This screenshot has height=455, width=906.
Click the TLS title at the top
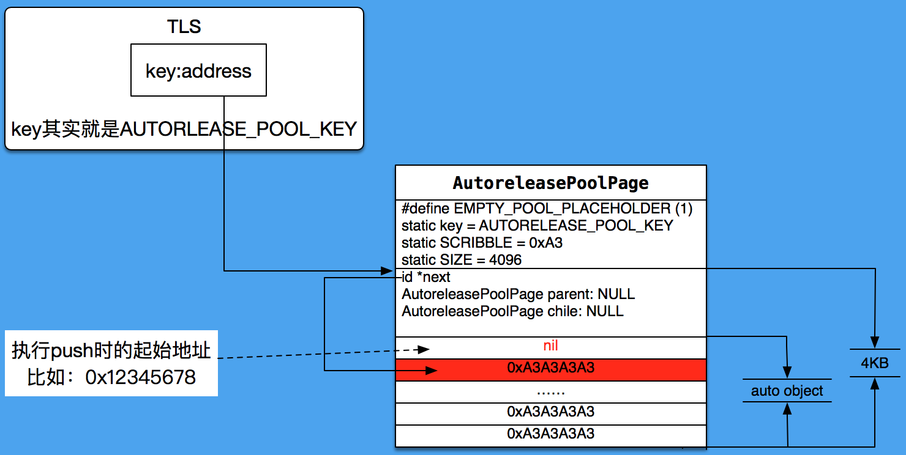(184, 26)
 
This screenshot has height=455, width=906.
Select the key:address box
(198, 70)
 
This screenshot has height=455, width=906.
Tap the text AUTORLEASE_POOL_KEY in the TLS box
(238, 129)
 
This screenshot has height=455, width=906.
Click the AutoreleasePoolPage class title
(550, 183)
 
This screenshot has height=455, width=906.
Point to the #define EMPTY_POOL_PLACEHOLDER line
(547, 209)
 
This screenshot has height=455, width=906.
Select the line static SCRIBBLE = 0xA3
(482, 243)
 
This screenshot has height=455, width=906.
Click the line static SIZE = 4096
(462, 260)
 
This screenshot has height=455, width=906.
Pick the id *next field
(427, 277)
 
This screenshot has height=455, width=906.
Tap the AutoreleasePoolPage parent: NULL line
(518, 294)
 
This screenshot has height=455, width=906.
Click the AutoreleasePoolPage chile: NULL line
(512, 311)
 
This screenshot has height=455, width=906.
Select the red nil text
(550, 346)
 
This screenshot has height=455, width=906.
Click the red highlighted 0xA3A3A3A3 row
(550, 368)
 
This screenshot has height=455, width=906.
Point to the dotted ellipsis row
(550, 391)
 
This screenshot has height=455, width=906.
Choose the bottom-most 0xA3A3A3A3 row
(550, 434)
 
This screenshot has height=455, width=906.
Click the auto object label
(787, 391)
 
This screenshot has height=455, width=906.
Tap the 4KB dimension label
(874, 363)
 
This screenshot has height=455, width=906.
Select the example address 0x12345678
(140, 377)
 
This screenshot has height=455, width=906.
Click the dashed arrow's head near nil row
(423, 349)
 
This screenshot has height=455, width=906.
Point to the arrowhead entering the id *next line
(387, 270)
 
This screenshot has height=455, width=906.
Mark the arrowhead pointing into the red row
(432, 370)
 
